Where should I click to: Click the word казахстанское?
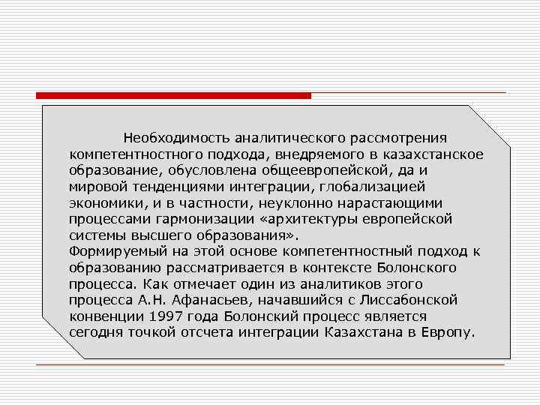pyautogui.click(x=427, y=154)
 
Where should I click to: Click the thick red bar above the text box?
pyautogui.click(x=173, y=96)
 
